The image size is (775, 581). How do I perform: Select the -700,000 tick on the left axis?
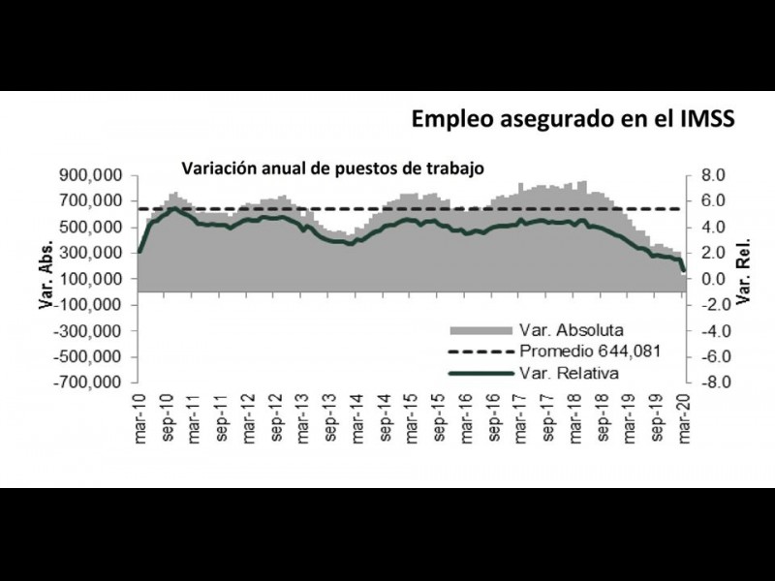(92, 382)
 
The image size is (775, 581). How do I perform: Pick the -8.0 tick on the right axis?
(710, 382)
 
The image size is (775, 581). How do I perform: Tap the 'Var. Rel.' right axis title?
(745, 278)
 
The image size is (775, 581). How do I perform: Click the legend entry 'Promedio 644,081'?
(590, 350)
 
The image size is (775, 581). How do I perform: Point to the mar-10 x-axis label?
(140, 414)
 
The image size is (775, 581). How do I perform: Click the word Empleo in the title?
(453, 118)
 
